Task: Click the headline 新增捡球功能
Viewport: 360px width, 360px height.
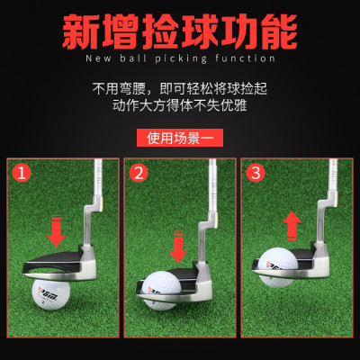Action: [180, 31]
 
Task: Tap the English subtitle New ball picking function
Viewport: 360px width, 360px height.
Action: [180, 59]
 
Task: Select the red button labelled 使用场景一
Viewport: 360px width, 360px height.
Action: [179, 138]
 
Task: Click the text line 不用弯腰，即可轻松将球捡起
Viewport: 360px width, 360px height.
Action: [179, 90]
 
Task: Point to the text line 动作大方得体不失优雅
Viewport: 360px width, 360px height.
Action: [179, 107]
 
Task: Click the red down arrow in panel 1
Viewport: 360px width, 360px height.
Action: [57, 231]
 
